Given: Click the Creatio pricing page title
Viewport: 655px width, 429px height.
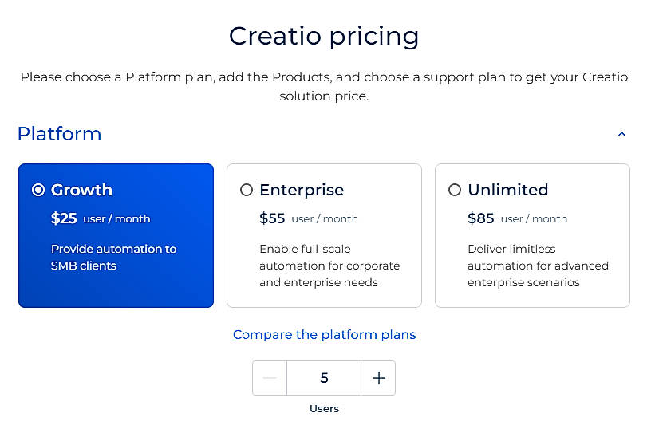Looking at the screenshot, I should point(324,36).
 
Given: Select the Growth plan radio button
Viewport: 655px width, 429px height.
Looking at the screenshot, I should point(38,190).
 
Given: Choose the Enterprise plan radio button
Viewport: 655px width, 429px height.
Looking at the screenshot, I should point(247,190).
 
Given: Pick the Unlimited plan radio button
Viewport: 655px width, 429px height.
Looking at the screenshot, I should point(455,190).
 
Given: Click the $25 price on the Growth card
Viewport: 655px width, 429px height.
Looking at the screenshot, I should point(64,218).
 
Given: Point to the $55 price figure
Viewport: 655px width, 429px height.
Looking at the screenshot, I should point(272,218).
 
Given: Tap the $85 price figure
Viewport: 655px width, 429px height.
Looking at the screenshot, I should point(480,218).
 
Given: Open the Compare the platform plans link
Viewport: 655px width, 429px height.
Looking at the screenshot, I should point(324,334).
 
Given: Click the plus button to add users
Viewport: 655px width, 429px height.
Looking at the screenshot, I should point(378,378).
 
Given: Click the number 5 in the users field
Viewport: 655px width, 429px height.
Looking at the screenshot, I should point(324,378).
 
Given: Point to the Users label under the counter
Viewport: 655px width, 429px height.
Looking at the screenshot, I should point(324,408).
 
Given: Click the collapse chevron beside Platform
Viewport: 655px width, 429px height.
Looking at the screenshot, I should point(622,135).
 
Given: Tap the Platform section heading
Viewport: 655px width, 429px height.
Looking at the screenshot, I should point(59,133).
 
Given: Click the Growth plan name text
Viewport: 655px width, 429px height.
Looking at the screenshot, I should point(81,190).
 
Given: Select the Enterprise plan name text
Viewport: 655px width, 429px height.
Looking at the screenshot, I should point(302,190).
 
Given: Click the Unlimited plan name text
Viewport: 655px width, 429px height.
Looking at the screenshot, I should point(508,190).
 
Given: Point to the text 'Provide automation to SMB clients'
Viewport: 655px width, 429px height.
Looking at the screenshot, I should point(113,257).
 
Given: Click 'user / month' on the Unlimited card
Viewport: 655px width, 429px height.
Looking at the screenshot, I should point(534,218).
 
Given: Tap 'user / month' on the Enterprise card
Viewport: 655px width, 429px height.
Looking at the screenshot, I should point(325,218).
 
